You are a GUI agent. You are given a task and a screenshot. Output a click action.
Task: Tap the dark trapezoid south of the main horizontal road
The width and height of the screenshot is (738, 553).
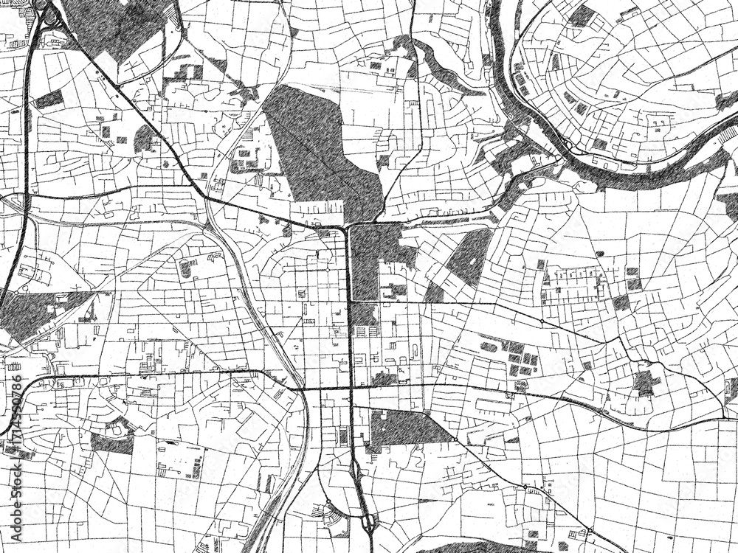point(406,428)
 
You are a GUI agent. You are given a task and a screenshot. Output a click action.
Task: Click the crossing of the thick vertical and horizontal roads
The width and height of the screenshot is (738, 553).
point(350,386)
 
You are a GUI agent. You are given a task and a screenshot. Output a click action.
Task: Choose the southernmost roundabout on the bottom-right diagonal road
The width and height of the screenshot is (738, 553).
point(589,531)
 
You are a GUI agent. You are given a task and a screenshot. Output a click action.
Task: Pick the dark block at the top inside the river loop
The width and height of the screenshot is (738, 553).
point(583,15)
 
